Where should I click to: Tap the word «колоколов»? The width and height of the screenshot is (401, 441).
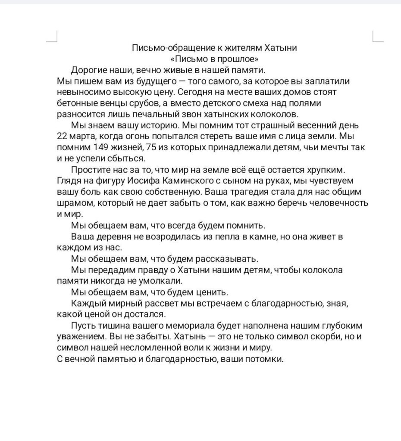pyautogui.click(x=275, y=115)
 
